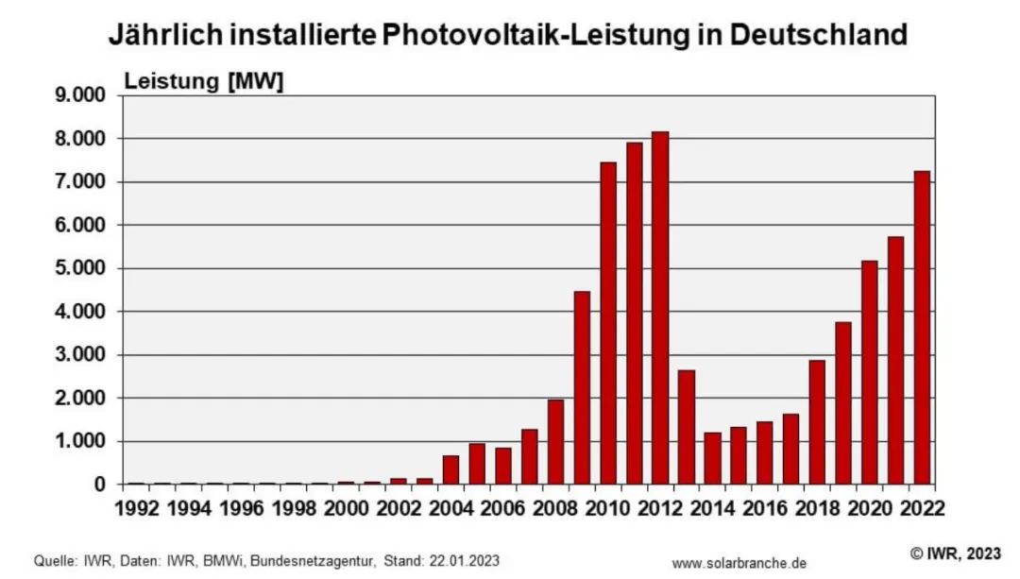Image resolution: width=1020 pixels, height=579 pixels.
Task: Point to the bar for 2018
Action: pos(817,422)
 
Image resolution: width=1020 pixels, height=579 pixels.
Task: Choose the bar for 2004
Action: pos(450,469)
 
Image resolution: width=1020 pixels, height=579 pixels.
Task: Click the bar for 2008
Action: pos(555,442)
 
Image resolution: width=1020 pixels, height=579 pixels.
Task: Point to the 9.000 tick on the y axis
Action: pos(83,95)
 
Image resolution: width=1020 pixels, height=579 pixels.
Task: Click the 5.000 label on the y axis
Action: pos(83,268)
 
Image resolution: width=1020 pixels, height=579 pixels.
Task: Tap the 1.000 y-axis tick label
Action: pos(83,441)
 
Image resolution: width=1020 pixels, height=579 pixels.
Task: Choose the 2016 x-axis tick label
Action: pos(765,509)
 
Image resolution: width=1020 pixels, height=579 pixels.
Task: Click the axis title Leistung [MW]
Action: pos(204,81)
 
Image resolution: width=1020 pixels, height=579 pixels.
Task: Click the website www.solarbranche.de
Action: pos(739,563)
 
